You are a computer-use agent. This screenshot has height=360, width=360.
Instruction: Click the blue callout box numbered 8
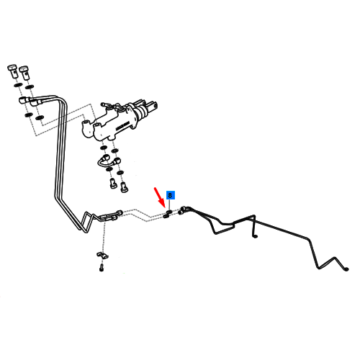(x=170, y=195)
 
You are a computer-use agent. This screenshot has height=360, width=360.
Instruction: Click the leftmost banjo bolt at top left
(x=13, y=71)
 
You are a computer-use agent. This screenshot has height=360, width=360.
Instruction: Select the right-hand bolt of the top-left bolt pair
(x=24, y=73)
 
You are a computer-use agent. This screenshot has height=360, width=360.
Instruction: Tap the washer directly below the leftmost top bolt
(x=18, y=85)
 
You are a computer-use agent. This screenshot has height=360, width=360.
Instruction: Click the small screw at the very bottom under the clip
(x=102, y=267)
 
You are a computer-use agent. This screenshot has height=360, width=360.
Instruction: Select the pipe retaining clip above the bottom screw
(x=102, y=255)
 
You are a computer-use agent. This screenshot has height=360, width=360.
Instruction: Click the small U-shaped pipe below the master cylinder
(x=109, y=162)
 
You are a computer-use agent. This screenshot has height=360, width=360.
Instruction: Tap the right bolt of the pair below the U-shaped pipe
(x=124, y=186)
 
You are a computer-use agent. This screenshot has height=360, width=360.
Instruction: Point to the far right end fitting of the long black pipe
(x=346, y=269)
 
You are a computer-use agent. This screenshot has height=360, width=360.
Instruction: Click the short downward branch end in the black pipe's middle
(x=255, y=237)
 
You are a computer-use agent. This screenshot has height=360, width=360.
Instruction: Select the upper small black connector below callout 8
(x=169, y=212)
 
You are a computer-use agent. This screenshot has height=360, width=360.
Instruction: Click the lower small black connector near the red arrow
(x=166, y=216)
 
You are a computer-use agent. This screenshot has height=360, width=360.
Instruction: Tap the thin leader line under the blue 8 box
(x=170, y=204)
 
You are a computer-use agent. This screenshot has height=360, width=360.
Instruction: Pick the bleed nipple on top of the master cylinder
(x=105, y=104)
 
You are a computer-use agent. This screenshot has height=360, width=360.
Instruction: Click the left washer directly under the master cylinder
(x=104, y=148)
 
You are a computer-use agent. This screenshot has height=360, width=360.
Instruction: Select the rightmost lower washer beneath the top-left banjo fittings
(x=40, y=117)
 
